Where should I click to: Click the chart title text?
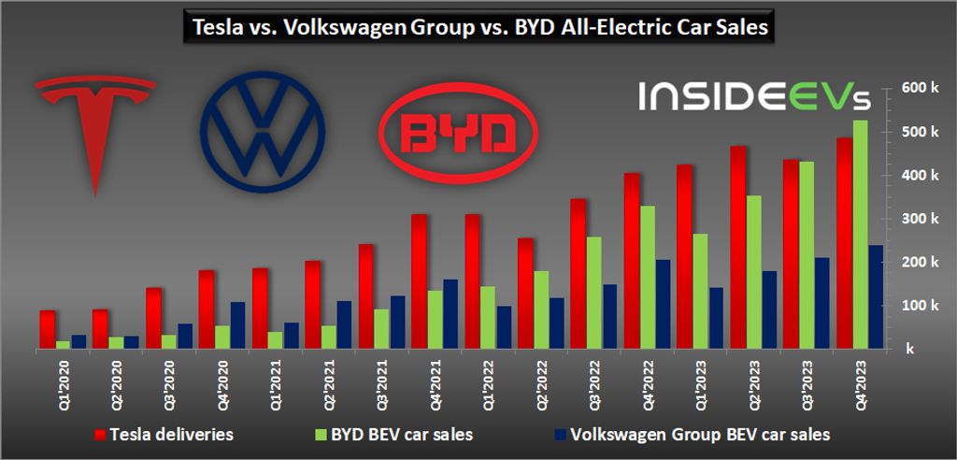tap(478, 27)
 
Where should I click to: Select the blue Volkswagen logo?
tap(263, 131)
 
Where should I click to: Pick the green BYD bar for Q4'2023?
tap(861, 234)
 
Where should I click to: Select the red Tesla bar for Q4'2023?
tap(844, 243)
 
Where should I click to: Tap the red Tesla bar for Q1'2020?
tap(47, 329)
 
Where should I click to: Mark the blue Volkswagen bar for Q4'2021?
tap(451, 313)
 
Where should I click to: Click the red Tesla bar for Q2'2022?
tap(525, 293)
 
